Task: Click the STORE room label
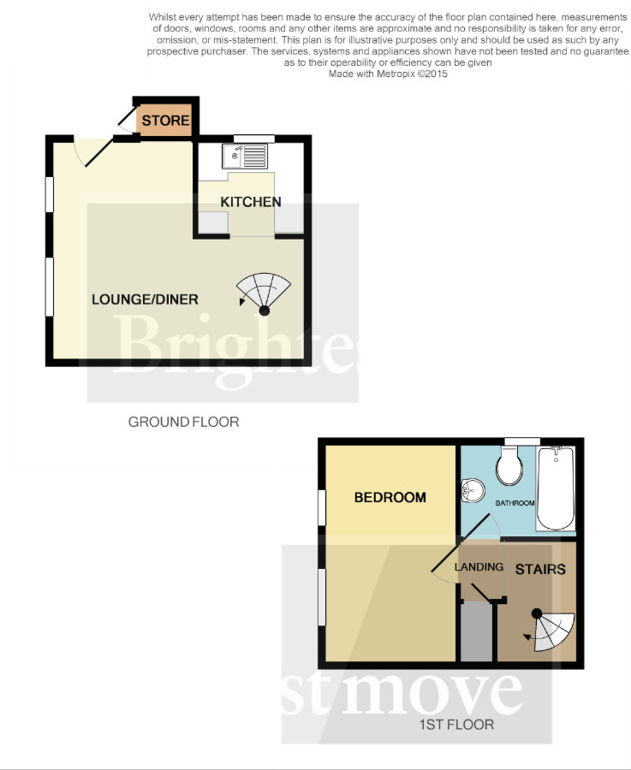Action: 166,121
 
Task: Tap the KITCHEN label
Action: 250,202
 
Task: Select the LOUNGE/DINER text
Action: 144,300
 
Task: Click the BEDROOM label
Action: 390,497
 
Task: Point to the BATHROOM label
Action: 515,503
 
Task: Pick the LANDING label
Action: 479,567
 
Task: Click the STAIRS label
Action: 540,569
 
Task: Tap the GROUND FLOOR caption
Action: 184,422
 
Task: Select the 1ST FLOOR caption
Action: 456,724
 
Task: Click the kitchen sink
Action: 245,157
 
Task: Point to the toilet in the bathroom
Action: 510,465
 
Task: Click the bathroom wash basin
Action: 472,490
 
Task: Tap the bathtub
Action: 556,488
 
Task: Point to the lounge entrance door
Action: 94,151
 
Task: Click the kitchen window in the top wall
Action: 254,139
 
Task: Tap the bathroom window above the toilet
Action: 522,441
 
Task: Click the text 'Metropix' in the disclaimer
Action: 395,74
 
